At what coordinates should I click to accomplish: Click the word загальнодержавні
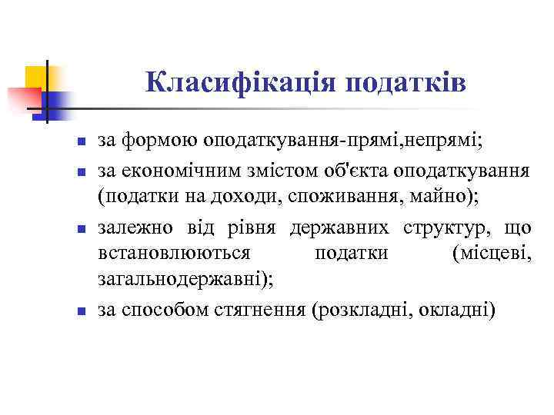pos(182,281)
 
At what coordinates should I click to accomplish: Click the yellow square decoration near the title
pos(35,77)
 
